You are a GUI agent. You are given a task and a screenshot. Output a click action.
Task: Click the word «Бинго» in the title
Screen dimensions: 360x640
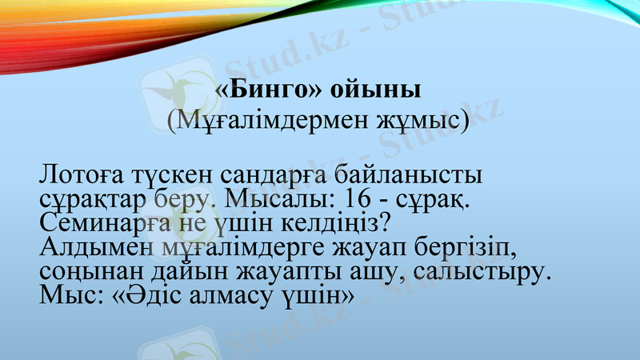click(262, 87)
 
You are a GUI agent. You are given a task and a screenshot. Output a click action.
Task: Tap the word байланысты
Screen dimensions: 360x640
click(414, 174)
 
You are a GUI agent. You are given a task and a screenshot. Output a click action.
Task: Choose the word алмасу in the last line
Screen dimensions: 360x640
click(233, 294)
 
